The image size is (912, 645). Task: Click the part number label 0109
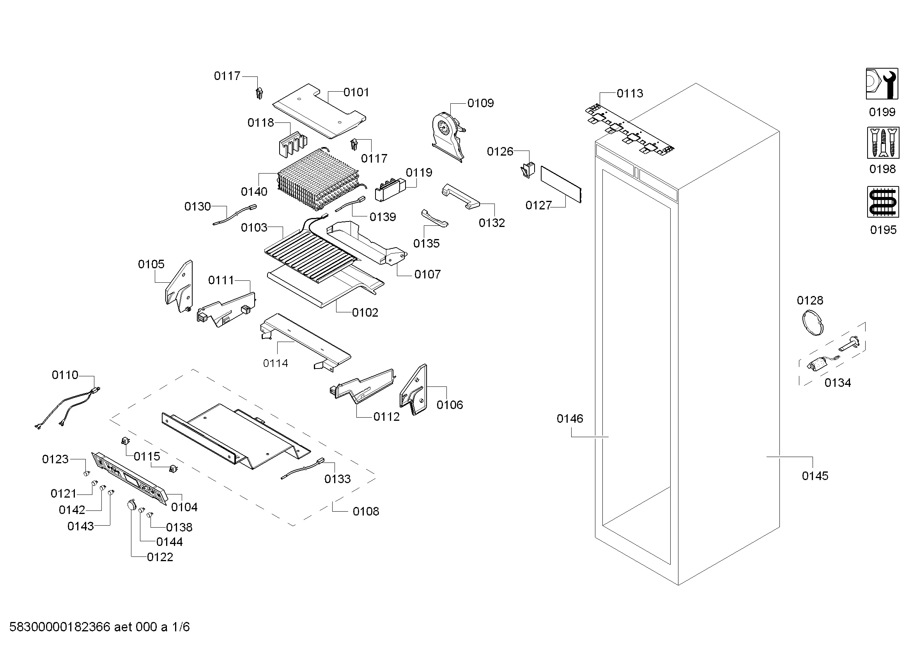480,103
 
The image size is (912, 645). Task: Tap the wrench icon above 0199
882,84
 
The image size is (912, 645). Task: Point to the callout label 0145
815,476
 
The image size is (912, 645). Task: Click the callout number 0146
570,418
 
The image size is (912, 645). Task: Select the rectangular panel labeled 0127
561,184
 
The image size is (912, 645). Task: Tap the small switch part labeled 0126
528,170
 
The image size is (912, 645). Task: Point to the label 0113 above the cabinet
630,93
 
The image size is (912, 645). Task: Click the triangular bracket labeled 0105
180,286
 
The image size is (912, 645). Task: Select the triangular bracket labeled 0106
414,389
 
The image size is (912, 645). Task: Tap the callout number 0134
837,383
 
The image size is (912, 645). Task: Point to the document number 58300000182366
60,627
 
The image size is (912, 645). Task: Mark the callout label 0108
365,512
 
